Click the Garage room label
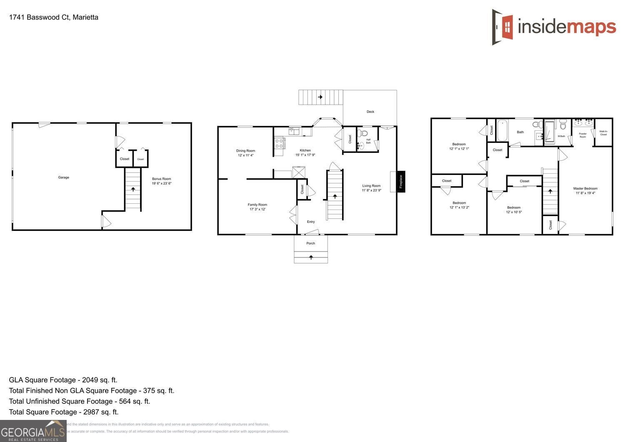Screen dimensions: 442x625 pos(63,177)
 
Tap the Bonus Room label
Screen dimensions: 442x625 pos(161,179)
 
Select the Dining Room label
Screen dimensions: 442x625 pos(245,151)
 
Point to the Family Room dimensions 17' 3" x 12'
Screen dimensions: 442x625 pos(257,209)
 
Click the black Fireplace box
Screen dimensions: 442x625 pos(401,181)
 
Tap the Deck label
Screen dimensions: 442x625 pos(370,112)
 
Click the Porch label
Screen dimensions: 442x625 pos(310,243)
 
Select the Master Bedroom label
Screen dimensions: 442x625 pos(585,188)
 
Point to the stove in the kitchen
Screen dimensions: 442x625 pos(279,144)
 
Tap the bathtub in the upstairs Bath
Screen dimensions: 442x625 pos(502,130)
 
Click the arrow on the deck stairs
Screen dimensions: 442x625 pos(320,97)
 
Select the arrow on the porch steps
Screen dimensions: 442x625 pos(311,257)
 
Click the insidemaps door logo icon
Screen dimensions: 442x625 pos(503,27)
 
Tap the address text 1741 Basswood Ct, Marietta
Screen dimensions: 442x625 pos(54,17)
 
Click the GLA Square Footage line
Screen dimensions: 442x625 pos(63,380)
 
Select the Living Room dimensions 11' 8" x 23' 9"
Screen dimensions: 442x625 pos(371,190)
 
